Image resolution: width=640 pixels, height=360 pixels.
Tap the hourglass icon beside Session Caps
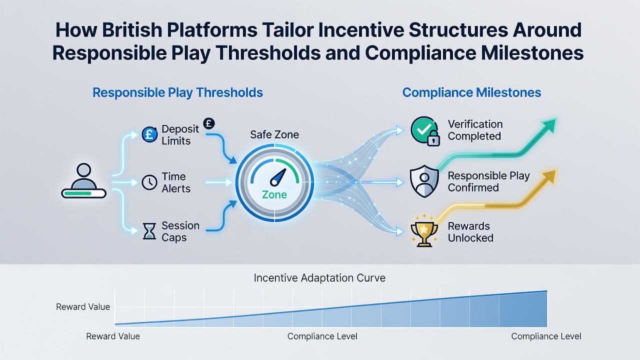tap(149, 231)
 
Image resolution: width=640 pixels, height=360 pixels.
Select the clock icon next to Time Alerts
tap(149, 182)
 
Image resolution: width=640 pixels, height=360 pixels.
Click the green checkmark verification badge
tap(424, 130)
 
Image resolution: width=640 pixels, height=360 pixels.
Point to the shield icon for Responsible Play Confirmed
tap(424, 181)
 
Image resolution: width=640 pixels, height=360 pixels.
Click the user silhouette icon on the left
tap(83, 180)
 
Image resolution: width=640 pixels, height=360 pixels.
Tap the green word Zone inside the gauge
tap(274, 195)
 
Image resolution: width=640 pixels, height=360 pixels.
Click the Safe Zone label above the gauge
tap(274, 134)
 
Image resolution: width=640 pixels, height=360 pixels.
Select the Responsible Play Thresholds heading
tap(177, 93)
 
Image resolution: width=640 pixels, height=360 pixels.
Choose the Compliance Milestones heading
tap(471, 92)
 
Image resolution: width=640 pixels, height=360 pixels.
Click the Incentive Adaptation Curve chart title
tap(319, 277)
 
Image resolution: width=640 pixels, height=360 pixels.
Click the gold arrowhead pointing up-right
tap(548, 176)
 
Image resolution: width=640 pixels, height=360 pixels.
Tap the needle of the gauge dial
tap(278, 177)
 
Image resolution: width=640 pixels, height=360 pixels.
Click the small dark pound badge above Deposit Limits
tap(209, 123)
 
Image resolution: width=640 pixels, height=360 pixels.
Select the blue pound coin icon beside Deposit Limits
tap(149, 134)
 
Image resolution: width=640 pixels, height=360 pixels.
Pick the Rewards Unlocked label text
tap(470, 232)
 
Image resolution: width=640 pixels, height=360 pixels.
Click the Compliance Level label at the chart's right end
tap(546, 336)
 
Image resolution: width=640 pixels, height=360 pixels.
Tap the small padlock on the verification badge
tap(433, 138)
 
